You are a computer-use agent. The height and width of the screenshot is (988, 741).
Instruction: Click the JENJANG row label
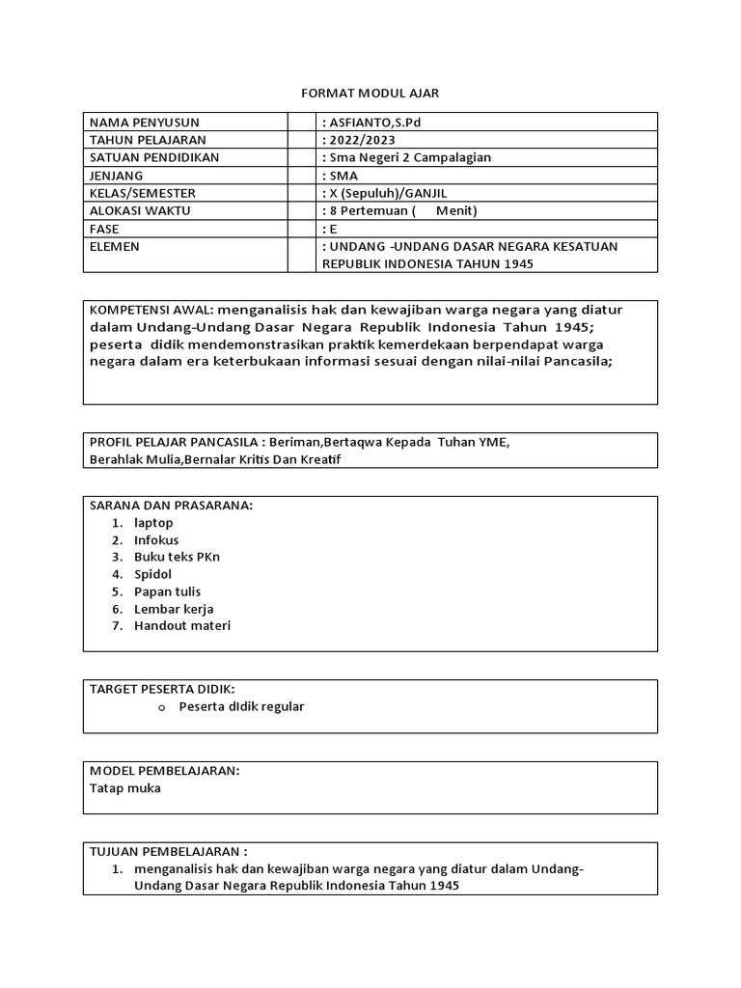(x=116, y=175)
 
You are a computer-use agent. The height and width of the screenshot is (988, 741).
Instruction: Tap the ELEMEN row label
(x=115, y=246)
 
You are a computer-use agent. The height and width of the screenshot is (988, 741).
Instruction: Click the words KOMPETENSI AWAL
(x=151, y=310)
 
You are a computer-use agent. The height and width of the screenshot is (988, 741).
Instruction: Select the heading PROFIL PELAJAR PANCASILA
(x=176, y=442)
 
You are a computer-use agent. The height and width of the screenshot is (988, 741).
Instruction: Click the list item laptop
(x=153, y=522)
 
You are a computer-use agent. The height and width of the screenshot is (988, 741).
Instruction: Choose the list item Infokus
(x=156, y=539)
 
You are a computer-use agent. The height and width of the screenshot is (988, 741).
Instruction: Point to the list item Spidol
(x=153, y=574)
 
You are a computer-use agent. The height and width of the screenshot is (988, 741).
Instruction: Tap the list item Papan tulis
(x=168, y=591)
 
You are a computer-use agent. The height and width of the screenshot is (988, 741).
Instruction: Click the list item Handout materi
(x=182, y=626)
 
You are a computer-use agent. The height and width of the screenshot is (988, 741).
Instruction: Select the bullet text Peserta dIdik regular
(x=241, y=706)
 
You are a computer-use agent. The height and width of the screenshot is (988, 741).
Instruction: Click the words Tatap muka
(x=125, y=787)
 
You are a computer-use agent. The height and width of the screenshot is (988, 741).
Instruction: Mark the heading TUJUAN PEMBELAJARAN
(x=169, y=852)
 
